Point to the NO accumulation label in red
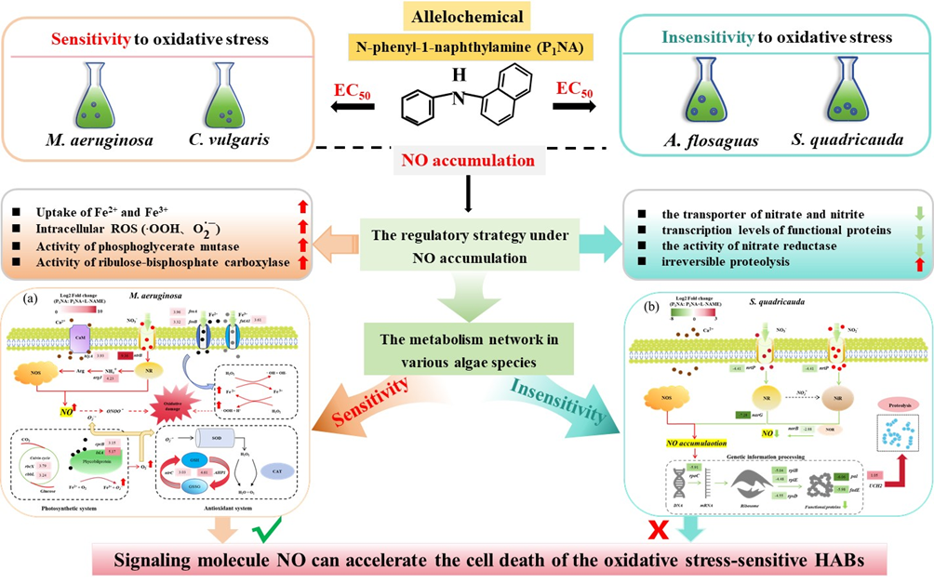tap(467, 160)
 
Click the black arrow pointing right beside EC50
tap(575, 105)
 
